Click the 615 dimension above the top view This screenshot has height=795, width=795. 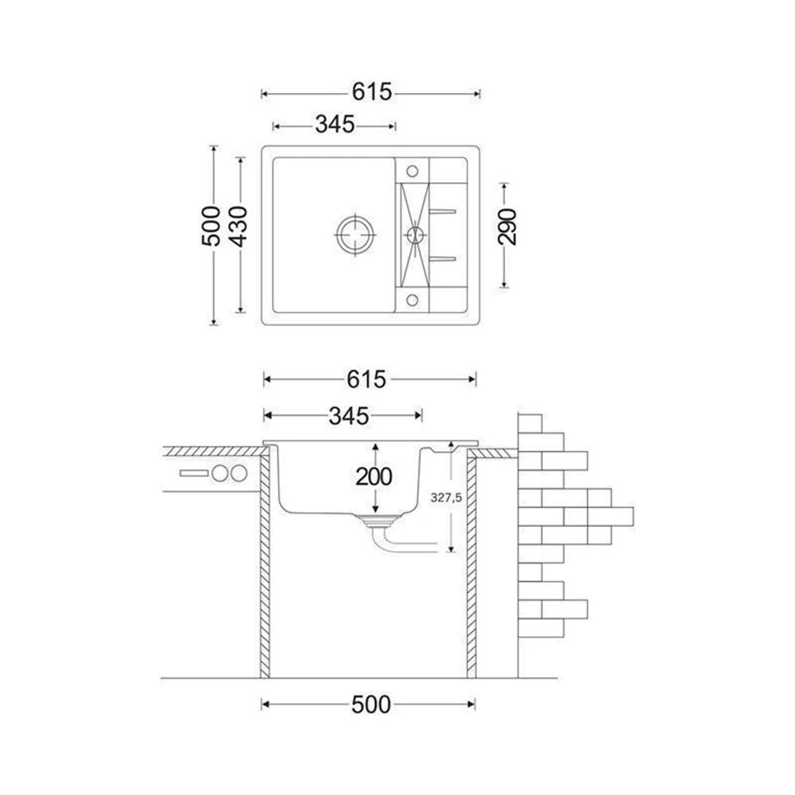point(372,92)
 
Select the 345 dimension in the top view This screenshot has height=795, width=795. point(335,124)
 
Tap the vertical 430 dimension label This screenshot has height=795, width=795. point(238,226)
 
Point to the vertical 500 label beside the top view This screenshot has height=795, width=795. point(211,226)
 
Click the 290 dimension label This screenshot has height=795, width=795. point(507,227)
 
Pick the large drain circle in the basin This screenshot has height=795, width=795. point(356,235)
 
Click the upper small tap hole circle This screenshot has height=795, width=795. point(412,171)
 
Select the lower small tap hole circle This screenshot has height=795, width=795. point(412,301)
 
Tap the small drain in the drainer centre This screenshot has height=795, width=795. point(415,235)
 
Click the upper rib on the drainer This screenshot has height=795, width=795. point(443,211)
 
